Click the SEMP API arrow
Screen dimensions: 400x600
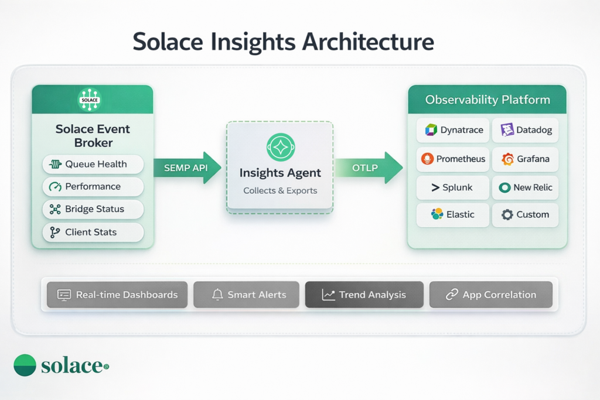[186, 168]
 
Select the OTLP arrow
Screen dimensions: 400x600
[368, 168]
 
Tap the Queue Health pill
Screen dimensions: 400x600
[93, 165]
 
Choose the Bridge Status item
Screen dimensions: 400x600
[93, 209]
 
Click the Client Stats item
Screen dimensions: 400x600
[93, 232]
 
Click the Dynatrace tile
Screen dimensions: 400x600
[452, 131]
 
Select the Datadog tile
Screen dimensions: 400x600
[526, 131]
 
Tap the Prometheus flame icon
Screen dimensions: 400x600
[427, 159]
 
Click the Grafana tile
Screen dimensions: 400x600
[526, 159]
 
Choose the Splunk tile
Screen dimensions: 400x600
[452, 188]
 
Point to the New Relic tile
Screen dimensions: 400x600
[526, 188]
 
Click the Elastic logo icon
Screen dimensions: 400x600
[437, 214]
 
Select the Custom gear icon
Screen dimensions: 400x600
[507, 215]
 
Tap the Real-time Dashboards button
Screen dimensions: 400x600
[117, 295]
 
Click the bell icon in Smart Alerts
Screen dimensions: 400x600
[217, 295]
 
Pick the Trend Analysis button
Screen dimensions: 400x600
[364, 295]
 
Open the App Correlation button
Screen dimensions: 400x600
[491, 295]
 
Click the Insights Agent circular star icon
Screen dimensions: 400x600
[281, 147]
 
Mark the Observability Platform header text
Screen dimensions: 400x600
[487, 100]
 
